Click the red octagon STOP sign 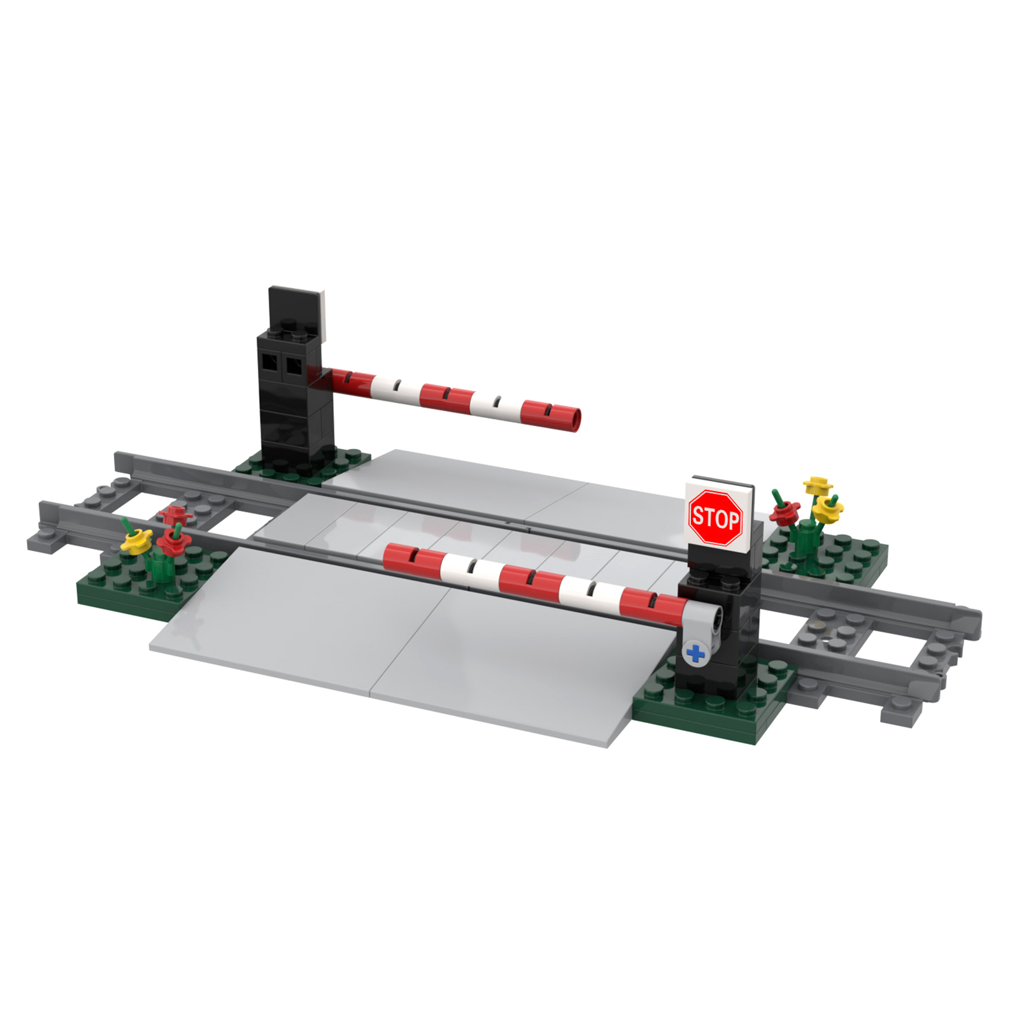[715, 517]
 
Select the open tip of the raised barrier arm [574, 420]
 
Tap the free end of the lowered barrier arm [390, 555]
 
